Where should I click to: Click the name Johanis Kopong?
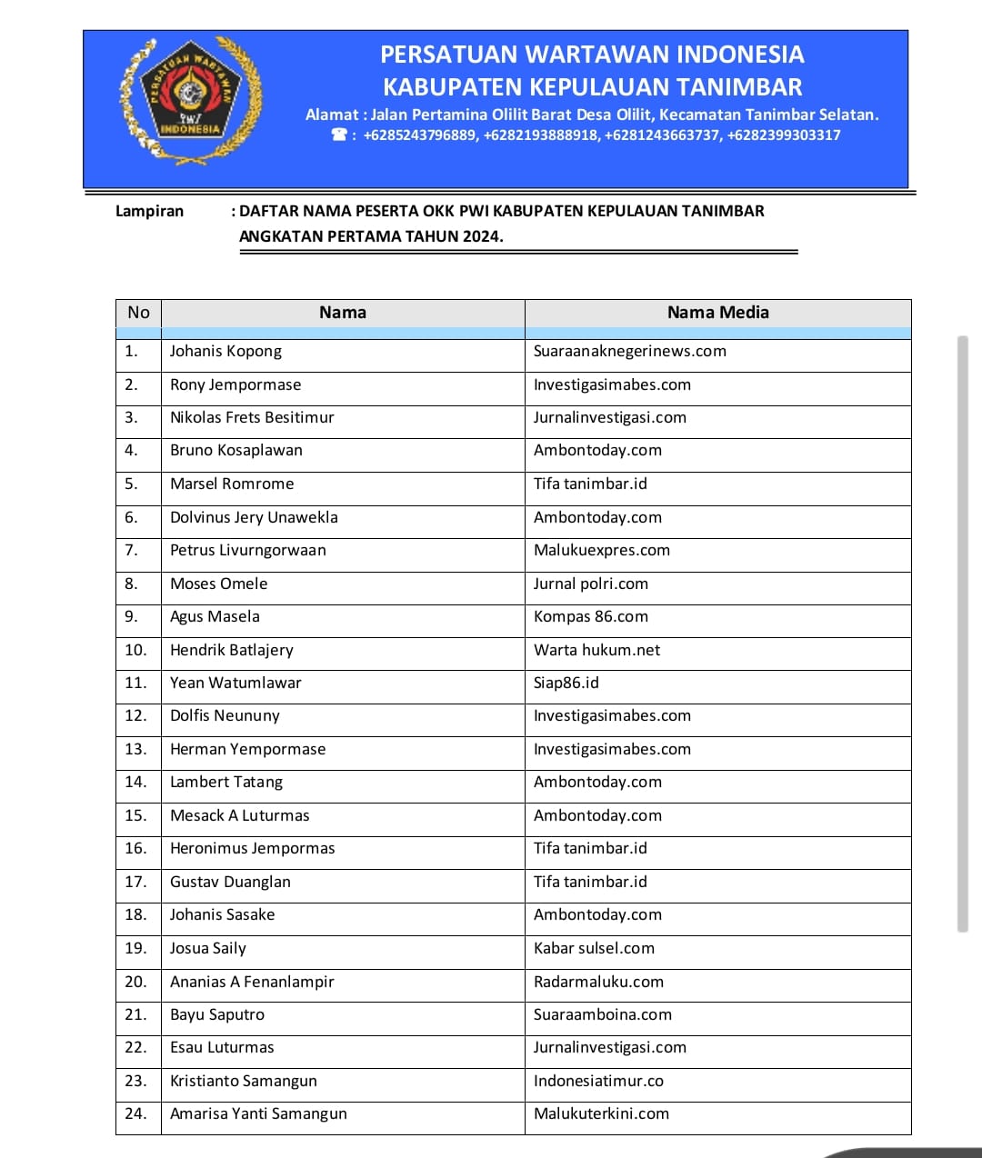tap(225, 352)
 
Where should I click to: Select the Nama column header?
tap(343, 313)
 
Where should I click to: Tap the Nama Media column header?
tap(717, 313)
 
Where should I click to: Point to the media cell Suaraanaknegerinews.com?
tap(629, 352)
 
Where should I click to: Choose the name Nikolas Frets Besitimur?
tap(252, 418)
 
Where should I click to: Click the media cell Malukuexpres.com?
tap(601, 551)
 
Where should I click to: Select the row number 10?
tap(135, 651)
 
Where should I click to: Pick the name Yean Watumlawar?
tap(235, 684)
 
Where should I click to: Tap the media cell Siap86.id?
tap(566, 684)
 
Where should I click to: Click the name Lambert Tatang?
tap(226, 783)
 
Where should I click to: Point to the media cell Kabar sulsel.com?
tap(594, 949)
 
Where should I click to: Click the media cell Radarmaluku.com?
tap(598, 983)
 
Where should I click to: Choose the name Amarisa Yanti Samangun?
tap(258, 1114)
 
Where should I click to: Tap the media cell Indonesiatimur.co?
tap(598, 1082)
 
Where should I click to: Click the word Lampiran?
tap(149, 212)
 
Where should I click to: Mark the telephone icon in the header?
tap(339, 135)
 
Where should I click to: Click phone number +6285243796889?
tap(419, 135)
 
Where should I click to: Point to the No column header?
tap(138, 313)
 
